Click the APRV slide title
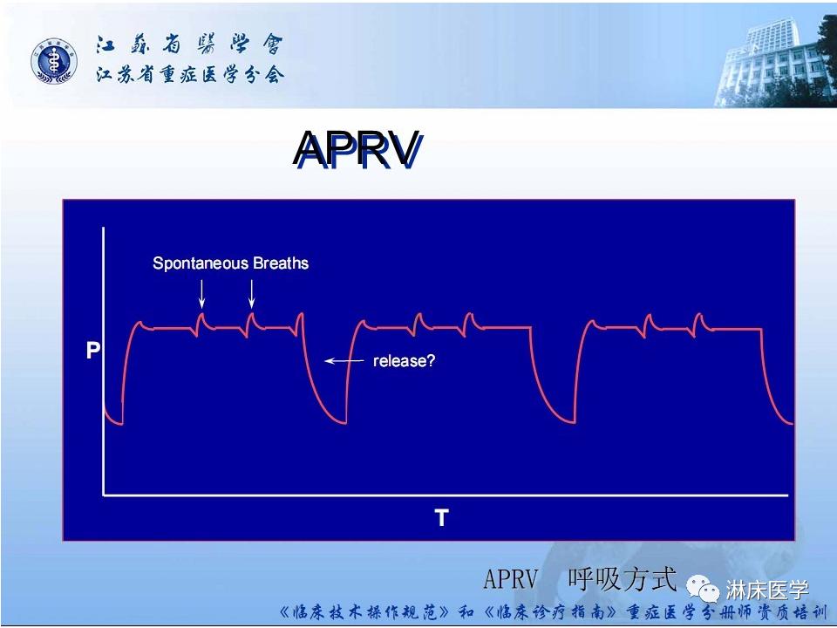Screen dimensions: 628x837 coord(357,150)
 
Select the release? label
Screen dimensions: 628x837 coord(404,360)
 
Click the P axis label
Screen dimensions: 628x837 coord(92,352)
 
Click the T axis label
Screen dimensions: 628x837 coord(441,518)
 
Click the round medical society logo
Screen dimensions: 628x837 coord(55,62)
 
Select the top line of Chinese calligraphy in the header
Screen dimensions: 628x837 coord(189,45)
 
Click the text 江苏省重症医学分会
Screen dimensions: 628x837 coord(189,75)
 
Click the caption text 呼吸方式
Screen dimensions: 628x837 coord(622,577)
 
